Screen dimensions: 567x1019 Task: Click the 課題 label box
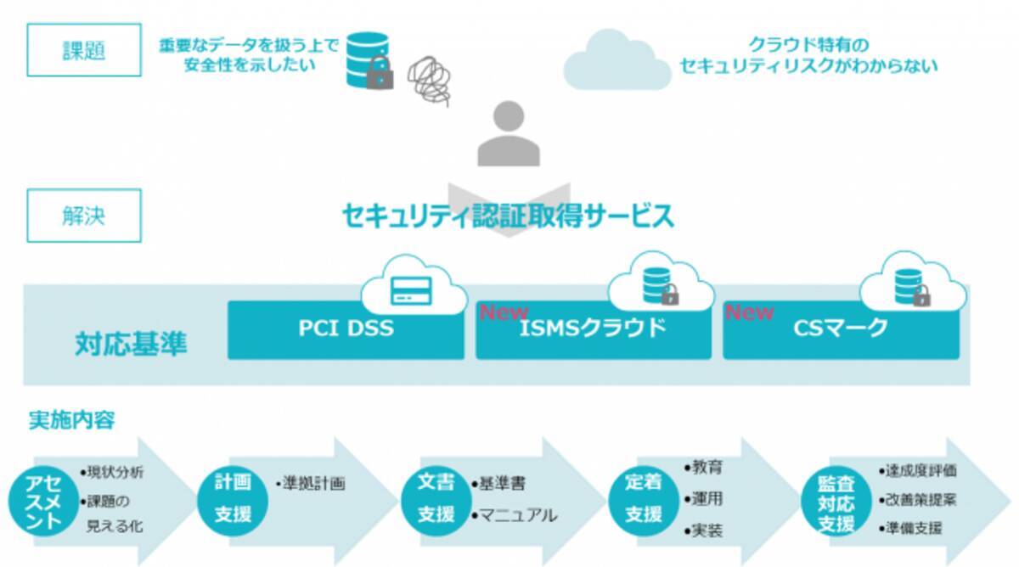(84, 51)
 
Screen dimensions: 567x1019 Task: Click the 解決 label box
(84, 216)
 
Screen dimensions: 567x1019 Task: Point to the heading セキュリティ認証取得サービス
(508, 216)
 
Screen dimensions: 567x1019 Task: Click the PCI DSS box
(346, 328)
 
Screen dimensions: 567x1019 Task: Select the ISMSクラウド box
(594, 329)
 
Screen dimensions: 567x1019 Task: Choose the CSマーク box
(841, 329)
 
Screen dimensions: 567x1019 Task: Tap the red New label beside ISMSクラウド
(504, 312)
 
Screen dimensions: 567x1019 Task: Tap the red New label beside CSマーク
(749, 312)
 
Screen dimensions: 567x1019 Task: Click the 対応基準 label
(131, 344)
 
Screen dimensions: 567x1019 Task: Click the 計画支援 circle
(232, 499)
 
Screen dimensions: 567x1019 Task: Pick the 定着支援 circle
(643, 499)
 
